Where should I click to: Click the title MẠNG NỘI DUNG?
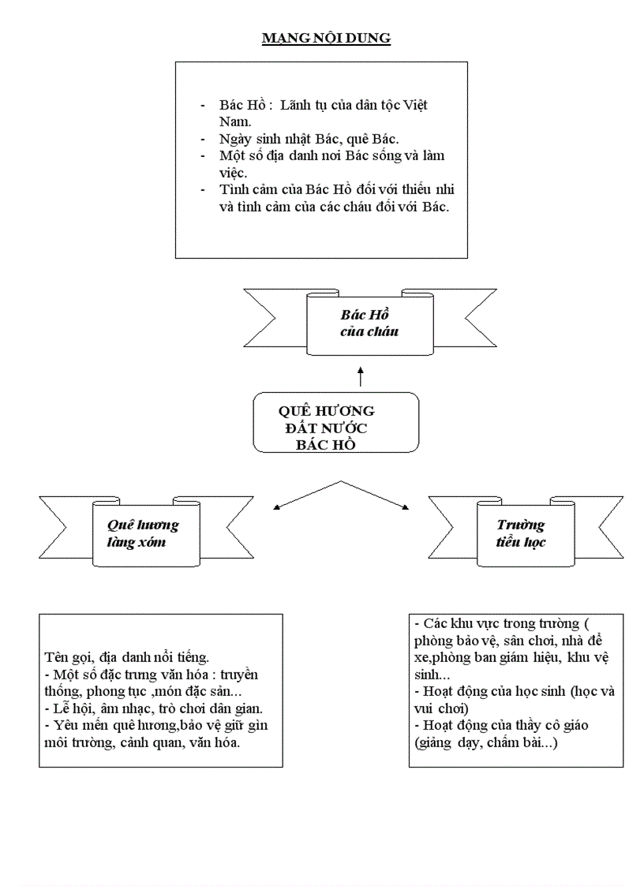pos(326,38)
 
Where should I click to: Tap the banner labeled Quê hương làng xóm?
pos(142,533)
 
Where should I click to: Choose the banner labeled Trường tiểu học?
pos(522,533)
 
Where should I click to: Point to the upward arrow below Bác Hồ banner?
pos(361,376)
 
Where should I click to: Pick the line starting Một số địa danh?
pos(331,155)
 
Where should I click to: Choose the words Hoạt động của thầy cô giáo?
pos(506,725)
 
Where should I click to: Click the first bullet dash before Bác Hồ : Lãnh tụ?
pos(203,106)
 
